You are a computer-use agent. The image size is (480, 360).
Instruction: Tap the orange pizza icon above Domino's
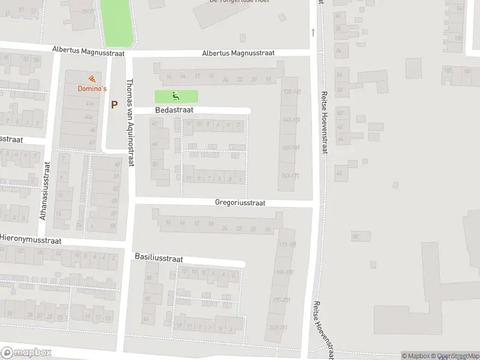(x=92, y=79)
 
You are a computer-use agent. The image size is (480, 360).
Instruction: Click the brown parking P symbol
(x=114, y=104)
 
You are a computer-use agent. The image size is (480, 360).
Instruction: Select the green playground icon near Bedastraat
(x=176, y=95)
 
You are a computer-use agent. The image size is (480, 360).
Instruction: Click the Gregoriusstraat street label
(x=240, y=203)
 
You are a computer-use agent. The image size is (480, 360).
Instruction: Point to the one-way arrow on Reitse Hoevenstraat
(x=313, y=32)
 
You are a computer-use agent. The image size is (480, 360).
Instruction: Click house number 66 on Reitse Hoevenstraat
(x=339, y=174)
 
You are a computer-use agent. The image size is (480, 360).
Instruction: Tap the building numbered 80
(x=355, y=237)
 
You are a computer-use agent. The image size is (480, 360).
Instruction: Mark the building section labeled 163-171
(x=290, y=175)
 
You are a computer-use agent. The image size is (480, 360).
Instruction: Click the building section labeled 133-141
(x=290, y=91)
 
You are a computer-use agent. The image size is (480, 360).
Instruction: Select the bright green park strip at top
(x=118, y=22)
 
